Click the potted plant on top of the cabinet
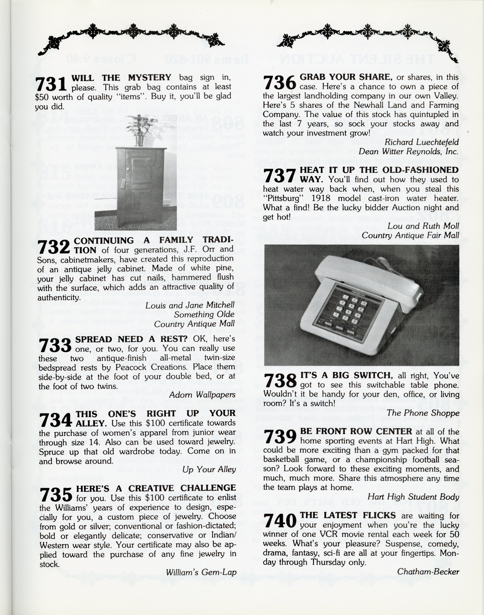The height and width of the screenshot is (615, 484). pyautogui.click(x=142, y=129)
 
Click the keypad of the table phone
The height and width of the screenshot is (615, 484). pyautogui.click(x=351, y=309)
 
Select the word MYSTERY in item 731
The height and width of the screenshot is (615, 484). pyautogui.click(x=149, y=77)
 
